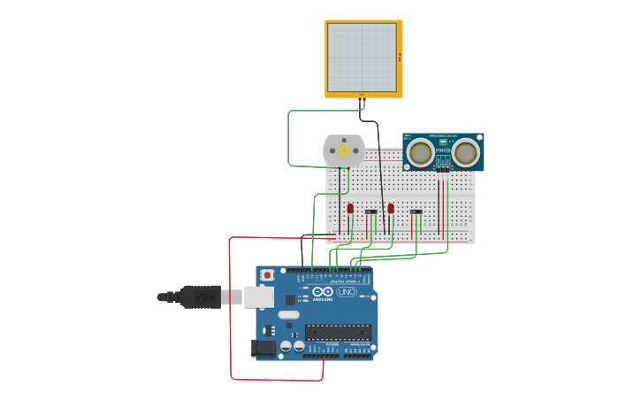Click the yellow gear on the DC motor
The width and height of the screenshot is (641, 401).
point(344,151)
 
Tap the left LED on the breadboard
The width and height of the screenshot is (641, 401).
point(350,209)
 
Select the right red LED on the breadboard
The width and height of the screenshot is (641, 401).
point(391,208)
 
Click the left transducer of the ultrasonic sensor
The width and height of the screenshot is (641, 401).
point(421,153)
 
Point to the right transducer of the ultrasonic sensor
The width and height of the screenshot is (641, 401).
point(466,153)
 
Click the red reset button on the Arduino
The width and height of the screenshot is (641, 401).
point(268,275)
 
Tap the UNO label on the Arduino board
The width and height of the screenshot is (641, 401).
point(347,291)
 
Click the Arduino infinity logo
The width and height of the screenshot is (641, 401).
point(323,291)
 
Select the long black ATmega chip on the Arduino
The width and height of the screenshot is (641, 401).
point(338,332)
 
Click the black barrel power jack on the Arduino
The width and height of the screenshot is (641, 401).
point(263,348)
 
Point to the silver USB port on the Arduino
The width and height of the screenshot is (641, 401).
point(259,297)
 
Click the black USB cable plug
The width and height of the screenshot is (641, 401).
point(201,297)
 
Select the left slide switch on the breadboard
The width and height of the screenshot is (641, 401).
point(371,212)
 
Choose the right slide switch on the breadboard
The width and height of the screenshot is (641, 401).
point(416,212)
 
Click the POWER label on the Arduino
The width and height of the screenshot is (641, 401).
point(320,344)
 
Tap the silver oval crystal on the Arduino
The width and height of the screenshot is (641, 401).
point(289,314)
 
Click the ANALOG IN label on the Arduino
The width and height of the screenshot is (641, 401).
point(359,344)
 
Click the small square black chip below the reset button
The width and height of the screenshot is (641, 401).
point(290,299)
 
